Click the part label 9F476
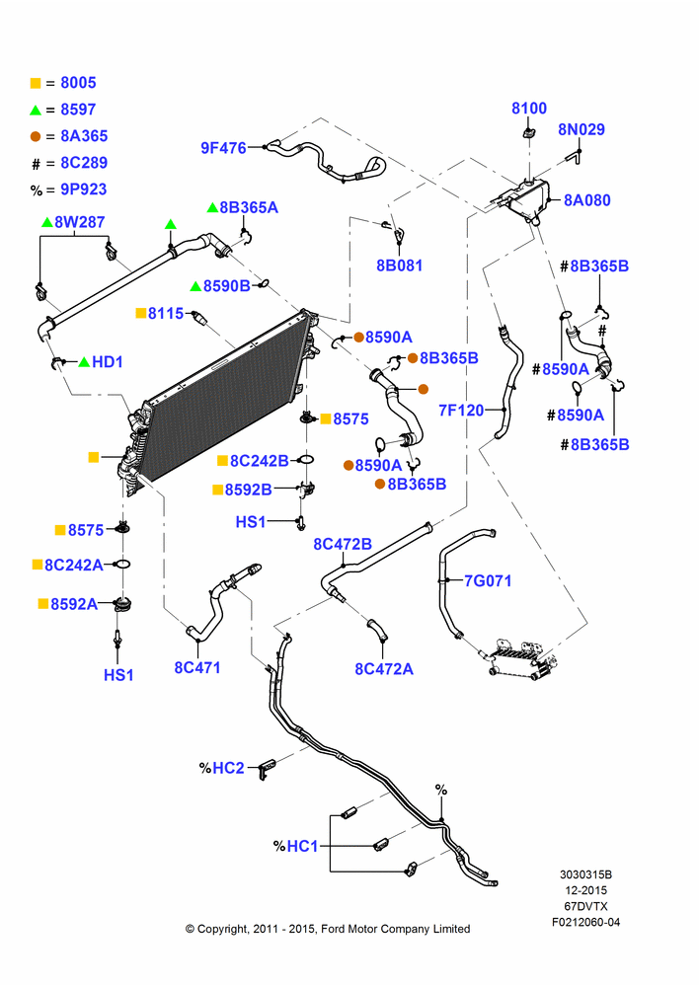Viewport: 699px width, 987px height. point(223,148)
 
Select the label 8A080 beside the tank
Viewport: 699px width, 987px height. point(586,200)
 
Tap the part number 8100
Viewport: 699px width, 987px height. point(529,109)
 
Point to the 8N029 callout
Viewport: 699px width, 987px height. point(582,129)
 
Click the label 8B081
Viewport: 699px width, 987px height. point(399,266)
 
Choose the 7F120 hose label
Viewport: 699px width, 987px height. point(461,411)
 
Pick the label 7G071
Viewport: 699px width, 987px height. point(488,580)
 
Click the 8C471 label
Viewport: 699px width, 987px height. point(197,667)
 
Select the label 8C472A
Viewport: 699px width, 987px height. point(383,668)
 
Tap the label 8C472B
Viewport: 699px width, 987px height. point(343,544)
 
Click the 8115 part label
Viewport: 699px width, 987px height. point(166,313)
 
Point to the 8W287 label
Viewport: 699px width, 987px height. point(79,221)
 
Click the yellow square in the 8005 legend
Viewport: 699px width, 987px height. point(36,83)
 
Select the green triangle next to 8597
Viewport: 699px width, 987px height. point(36,111)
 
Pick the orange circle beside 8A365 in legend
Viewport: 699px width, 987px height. point(36,136)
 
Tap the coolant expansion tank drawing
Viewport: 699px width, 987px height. point(526,200)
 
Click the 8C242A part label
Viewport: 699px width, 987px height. point(74,565)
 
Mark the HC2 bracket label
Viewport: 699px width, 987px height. point(228,768)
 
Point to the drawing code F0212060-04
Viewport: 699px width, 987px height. point(586,922)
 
